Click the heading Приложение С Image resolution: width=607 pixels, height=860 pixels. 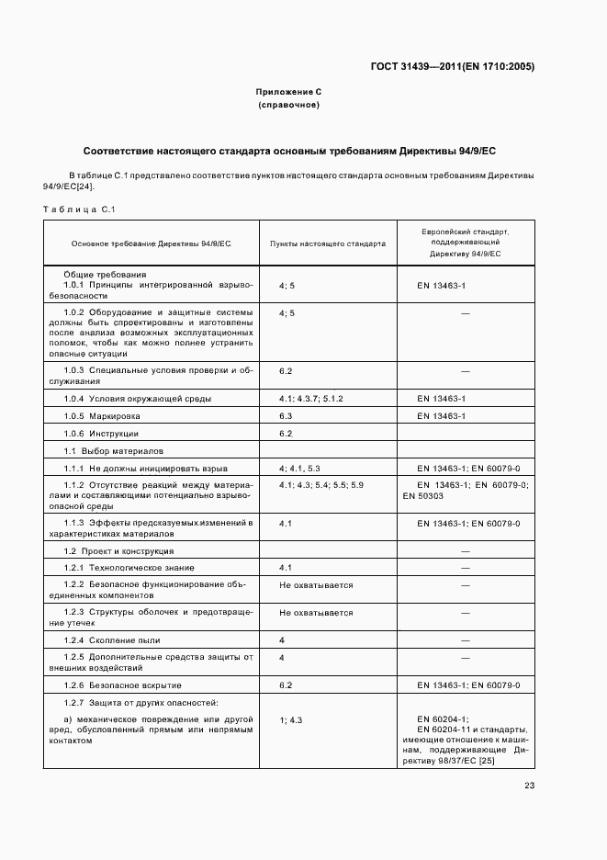point(288,93)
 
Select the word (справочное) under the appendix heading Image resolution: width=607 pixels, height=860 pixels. point(288,106)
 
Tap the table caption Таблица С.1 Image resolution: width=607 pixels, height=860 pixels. point(78,209)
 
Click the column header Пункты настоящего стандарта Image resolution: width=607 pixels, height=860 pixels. point(327,243)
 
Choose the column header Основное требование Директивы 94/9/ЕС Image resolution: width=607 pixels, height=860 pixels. point(152,243)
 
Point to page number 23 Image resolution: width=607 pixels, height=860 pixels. point(529,785)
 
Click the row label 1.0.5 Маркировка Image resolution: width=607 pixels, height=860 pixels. point(102,416)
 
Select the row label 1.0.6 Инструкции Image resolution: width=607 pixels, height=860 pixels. point(101,434)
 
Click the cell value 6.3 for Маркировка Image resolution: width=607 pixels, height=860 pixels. point(286,416)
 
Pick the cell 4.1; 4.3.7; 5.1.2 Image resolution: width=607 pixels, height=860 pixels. point(310,399)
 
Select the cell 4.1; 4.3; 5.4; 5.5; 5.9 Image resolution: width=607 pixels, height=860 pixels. point(321,484)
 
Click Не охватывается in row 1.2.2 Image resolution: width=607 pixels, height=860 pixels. point(316,585)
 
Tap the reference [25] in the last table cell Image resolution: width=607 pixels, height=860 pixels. point(512,760)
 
